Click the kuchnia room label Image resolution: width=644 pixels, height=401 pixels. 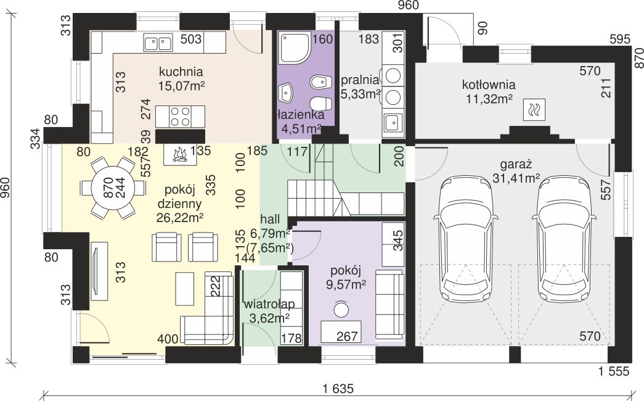(181, 72)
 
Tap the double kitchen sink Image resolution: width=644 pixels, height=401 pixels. (158, 43)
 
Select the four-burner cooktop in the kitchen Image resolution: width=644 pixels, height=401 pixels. (180, 117)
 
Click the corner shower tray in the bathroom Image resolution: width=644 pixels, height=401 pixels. (295, 48)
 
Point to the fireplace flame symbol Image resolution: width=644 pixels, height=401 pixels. (180, 155)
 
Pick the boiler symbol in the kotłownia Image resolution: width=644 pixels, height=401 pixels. (535, 110)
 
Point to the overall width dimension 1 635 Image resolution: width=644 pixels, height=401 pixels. (338, 388)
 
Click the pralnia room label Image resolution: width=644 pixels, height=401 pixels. (359, 80)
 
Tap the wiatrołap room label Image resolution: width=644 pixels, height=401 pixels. (269, 304)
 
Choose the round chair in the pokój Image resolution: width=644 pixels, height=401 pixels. (340, 309)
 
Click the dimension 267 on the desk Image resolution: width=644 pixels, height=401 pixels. (348, 336)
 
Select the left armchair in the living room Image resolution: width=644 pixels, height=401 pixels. (166, 247)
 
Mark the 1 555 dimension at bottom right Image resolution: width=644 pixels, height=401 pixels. (614, 371)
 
